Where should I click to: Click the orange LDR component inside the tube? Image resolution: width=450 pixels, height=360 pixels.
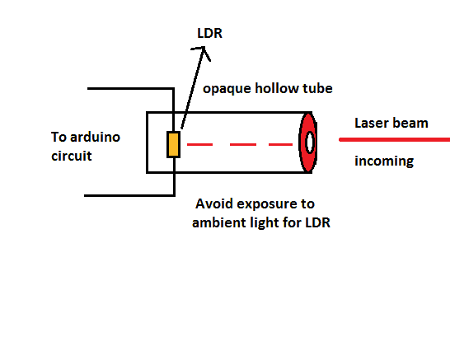173,144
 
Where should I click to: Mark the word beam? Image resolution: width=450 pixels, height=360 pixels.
411,123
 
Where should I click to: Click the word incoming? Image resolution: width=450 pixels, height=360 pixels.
384,161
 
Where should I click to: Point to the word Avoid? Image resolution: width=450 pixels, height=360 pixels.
217,203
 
